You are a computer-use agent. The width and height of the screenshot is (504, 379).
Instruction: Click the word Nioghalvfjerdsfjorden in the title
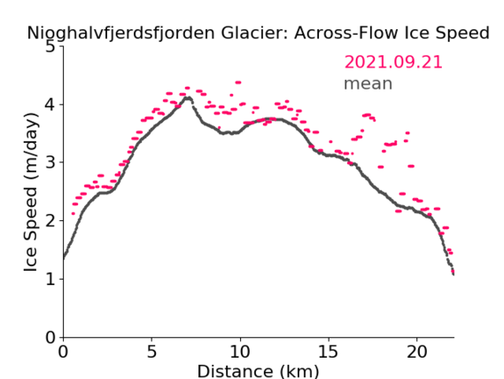point(120,34)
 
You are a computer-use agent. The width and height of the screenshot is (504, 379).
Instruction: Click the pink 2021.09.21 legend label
point(393,62)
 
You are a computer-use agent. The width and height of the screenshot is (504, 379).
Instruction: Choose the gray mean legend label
point(368,83)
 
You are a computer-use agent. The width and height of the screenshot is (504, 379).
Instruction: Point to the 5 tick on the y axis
point(50,47)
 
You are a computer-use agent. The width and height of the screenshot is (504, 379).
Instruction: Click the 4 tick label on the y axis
point(50,105)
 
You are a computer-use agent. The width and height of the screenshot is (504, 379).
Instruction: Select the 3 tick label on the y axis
point(50,162)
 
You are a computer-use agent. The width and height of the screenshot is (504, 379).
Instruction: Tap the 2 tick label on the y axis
point(50,221)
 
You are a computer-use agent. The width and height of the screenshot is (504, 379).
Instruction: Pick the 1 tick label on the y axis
point(50,279)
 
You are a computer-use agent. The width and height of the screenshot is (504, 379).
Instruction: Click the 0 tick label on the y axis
point(50,337)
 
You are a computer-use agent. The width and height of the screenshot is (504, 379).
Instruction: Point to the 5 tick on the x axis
point(151,351)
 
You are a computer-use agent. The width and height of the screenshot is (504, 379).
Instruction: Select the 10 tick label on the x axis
point(240,351)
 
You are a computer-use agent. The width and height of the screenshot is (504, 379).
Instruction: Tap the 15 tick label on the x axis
point(329,351)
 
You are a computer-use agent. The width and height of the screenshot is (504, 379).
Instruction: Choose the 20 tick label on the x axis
point(416,351)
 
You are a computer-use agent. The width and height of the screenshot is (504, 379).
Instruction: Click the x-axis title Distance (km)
point(258,371)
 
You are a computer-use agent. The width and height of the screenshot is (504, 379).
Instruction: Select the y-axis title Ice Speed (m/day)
point(31,192)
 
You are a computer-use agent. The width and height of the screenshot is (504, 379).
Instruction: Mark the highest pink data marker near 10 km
point(238,83)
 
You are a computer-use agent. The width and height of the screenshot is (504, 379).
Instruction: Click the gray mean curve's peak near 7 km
point(189,98)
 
